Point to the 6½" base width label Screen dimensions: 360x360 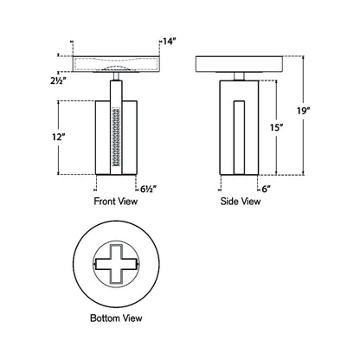[148, 186]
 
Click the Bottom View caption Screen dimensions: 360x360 [116, 318]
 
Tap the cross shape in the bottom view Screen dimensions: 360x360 [116, 264]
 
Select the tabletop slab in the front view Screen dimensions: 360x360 [116, 63]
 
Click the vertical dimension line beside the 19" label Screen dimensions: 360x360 [305, 112]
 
